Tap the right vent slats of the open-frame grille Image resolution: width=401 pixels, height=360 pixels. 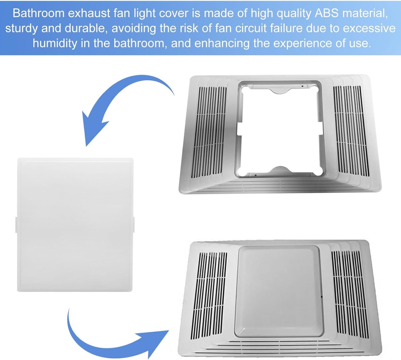[351, 129]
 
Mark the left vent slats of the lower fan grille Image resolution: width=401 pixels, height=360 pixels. [211, 292]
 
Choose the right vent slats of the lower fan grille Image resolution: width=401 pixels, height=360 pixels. [349, 292]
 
